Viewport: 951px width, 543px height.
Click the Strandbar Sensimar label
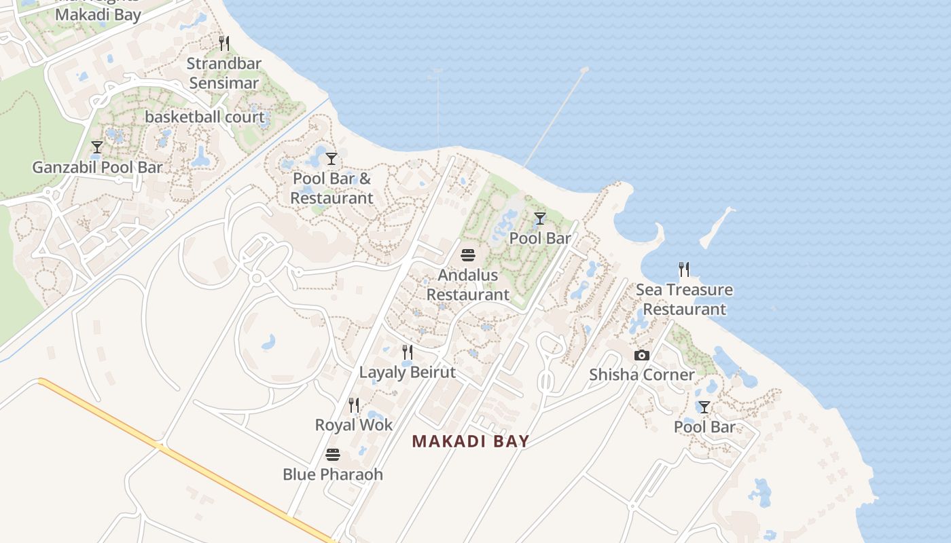[223, 73]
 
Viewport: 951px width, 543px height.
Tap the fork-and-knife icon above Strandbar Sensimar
[223, 43]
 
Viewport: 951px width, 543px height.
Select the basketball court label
[204, 117]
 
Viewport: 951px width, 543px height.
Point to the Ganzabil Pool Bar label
[97, 167]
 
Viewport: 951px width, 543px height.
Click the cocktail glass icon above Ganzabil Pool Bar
[97, 147]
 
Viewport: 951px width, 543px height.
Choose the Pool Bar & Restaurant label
[331, 188]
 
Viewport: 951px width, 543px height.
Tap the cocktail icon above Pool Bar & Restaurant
[331, 159]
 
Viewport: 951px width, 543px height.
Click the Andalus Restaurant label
[467, 284]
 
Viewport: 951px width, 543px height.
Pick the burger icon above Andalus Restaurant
[467, 255]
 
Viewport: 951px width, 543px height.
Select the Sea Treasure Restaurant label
[684, 299]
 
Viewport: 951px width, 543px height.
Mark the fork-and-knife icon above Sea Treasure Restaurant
[684, 269]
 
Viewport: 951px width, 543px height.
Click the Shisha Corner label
[641, 375]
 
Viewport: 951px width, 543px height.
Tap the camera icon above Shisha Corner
[641, 355]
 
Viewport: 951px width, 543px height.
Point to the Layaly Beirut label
[407, 372]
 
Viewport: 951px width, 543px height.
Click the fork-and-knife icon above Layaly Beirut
[407, 352]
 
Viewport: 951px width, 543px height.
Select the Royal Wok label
[354, 425]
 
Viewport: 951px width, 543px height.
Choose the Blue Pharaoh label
[332, 474]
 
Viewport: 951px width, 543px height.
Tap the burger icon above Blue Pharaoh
[332, 454]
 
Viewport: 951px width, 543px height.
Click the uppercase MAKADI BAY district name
[470, 441]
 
